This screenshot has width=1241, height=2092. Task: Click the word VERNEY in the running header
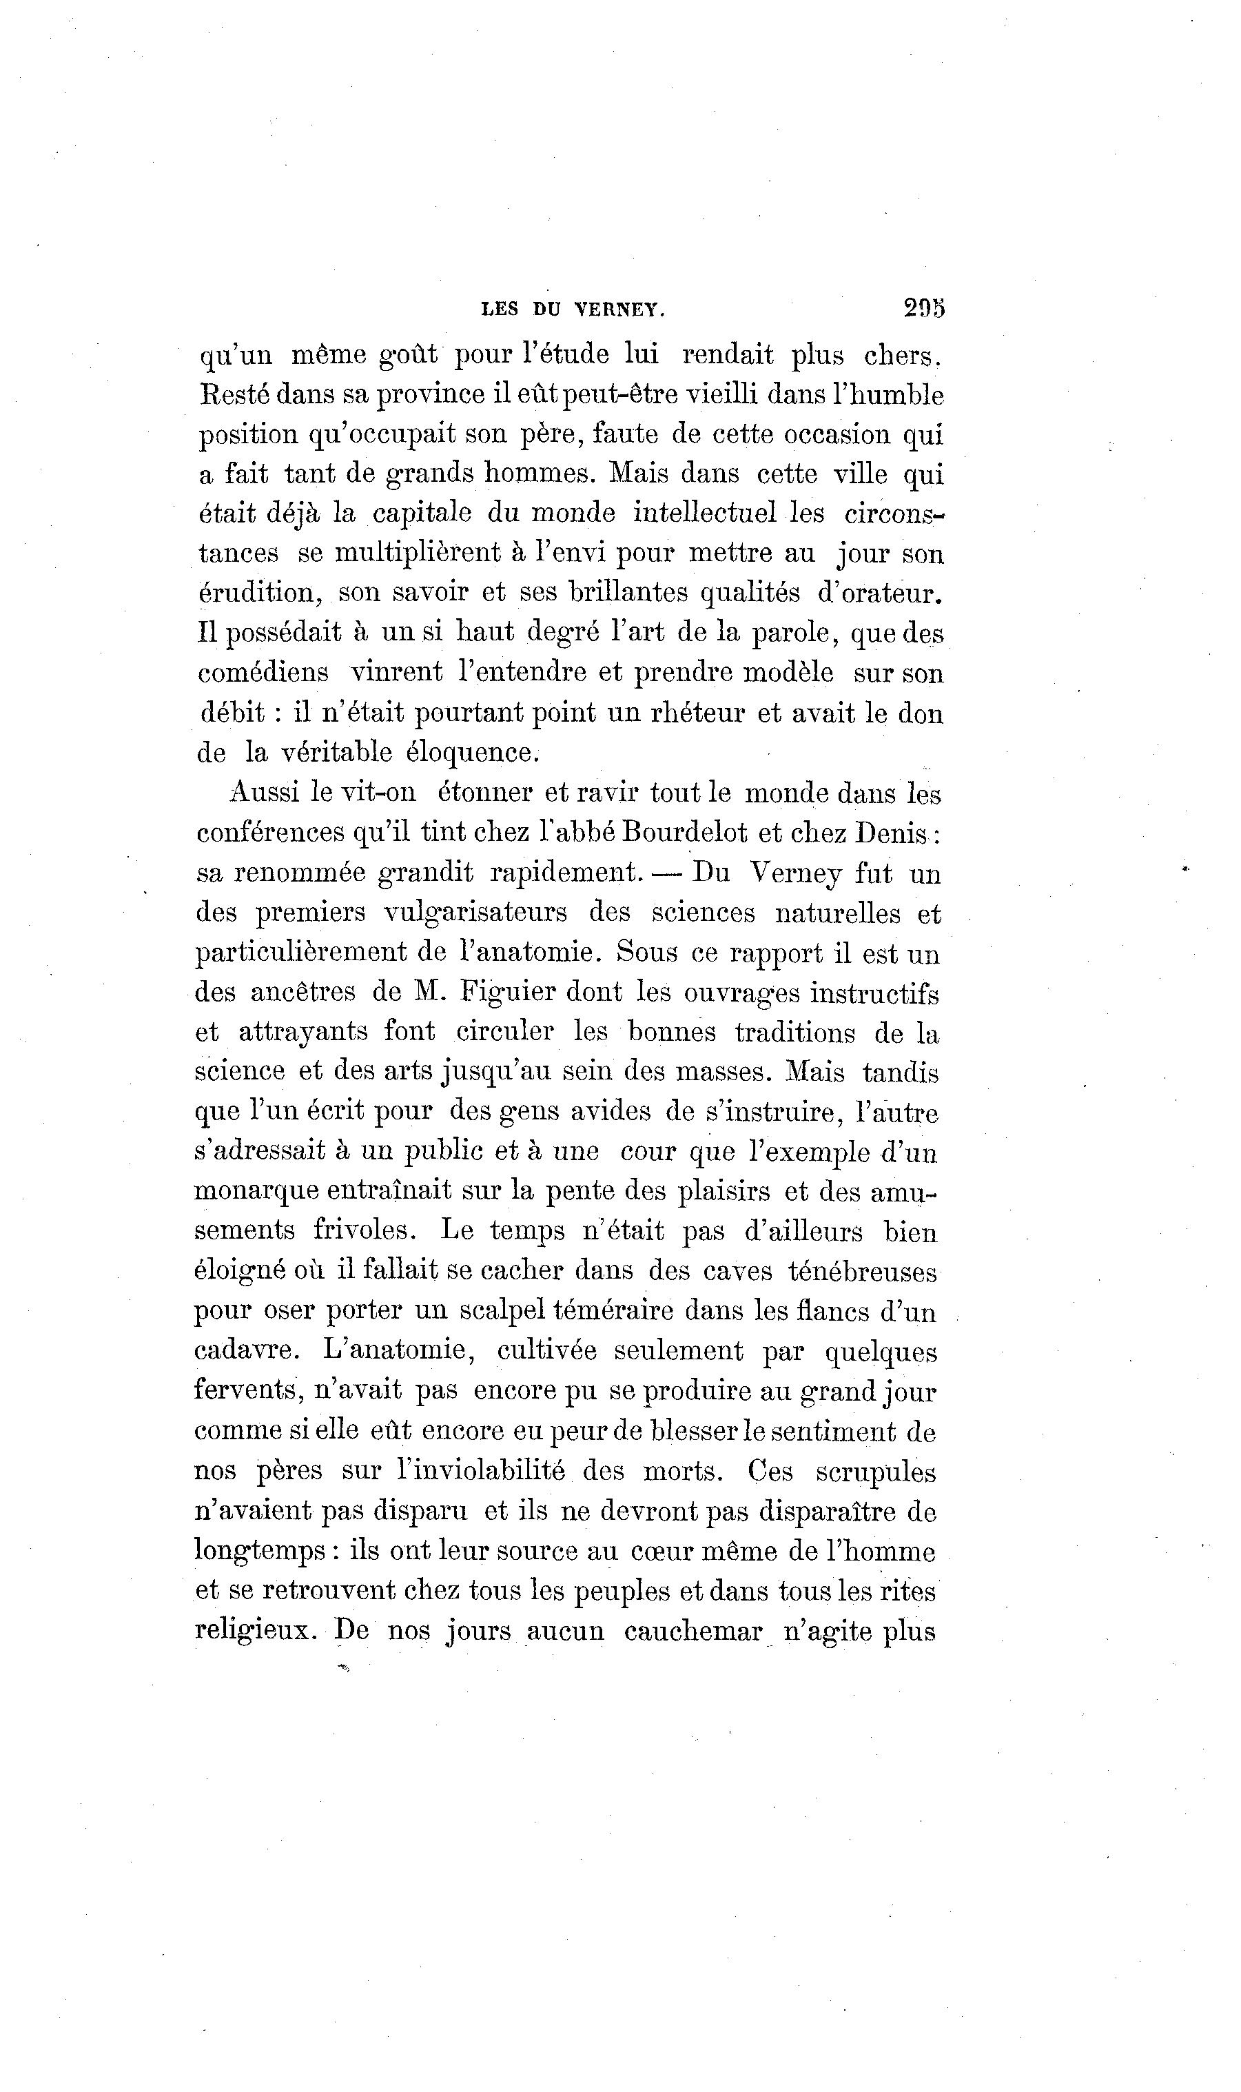click(619, 310)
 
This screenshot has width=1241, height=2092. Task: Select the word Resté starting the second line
click(231, 394)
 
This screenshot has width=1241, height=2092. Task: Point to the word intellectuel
click(705, 512)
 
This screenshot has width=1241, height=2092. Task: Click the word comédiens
click(263, 673)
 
